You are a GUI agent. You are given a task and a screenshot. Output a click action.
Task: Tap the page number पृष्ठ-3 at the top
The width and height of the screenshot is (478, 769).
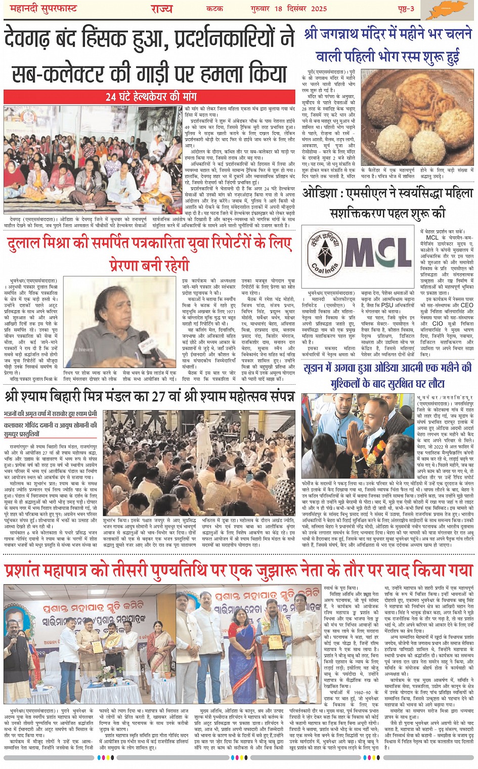coord(405,9)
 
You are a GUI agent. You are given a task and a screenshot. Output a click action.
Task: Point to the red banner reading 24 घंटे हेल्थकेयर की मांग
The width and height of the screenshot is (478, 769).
coord(151,96)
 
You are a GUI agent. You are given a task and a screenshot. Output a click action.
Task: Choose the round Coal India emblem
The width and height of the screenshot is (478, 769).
coord(325,252)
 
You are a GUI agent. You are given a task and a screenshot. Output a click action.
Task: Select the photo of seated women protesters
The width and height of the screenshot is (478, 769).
coord(93,159)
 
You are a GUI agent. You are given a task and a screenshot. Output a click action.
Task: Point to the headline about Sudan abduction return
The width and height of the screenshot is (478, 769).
coord(388,375)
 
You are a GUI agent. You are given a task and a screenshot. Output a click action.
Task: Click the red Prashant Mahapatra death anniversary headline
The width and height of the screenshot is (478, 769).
coord(238,570)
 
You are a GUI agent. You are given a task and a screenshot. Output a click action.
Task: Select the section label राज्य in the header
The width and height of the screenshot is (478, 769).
coord(161,9)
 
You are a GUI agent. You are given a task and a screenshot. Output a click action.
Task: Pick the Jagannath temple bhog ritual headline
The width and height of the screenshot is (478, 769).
coord(388,46)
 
